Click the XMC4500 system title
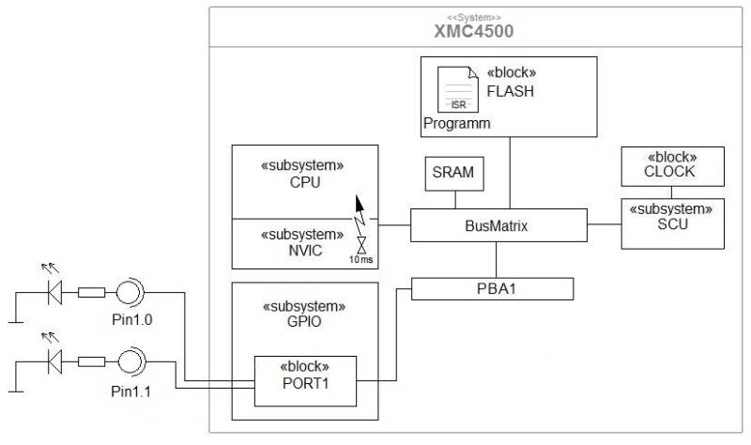(473, 31)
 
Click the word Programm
(457, 123)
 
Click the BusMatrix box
(497, 225)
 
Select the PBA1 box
(492, 287)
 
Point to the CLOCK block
(670, 171)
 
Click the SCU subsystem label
(671, 224)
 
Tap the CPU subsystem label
(305, 181)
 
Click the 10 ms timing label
(361, 258)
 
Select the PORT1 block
(305, 381)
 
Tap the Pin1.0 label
(131, 319)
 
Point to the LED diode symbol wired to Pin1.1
(54, 360)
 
